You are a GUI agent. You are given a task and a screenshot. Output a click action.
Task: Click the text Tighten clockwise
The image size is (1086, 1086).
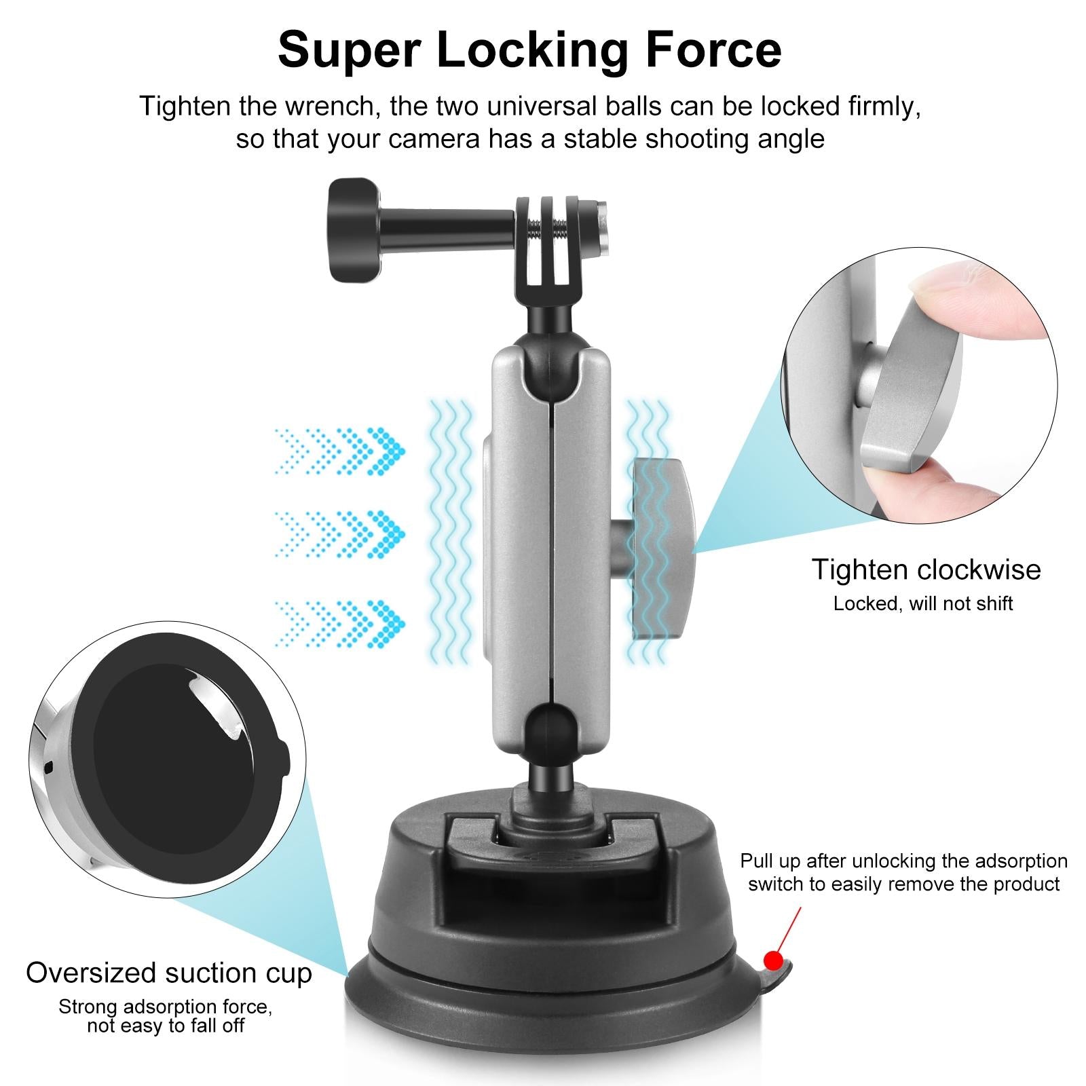[926, 569]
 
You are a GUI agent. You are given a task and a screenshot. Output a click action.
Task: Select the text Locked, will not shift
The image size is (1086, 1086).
[923, 603]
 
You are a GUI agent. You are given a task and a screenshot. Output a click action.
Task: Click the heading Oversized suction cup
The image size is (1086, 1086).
[169, 973]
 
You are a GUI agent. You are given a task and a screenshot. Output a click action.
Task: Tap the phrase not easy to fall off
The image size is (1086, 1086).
[166, 1025]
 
